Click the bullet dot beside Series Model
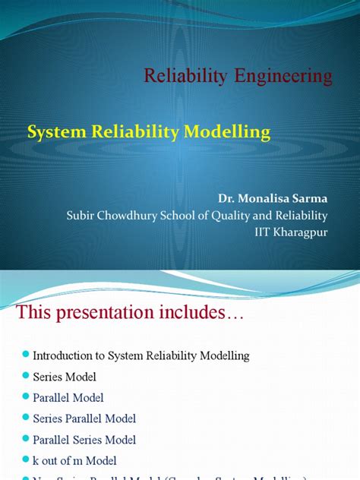(x=26, y=376)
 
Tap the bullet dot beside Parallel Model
(x=26, y=397)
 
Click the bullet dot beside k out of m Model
(x=26, y=460)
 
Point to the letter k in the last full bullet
(x=36, y=460)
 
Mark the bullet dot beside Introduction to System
(x=26, y=355)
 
